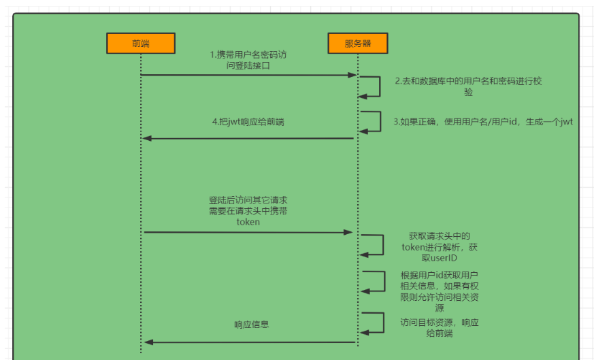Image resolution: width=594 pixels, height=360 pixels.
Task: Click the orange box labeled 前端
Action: (141, 43)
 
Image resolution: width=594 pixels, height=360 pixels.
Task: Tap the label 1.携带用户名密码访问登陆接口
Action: (248, 59)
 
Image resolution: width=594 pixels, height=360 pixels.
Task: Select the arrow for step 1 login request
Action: (248, 75)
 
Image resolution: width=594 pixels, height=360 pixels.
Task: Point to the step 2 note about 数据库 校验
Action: (468, 86)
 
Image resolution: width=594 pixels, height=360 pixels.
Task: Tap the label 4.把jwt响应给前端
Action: (248, 122)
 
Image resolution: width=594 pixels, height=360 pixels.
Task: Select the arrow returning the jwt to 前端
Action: (248, 138)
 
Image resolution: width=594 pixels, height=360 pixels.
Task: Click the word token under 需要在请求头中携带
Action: (248, 222)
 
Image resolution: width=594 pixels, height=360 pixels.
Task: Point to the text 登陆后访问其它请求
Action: (248, 201)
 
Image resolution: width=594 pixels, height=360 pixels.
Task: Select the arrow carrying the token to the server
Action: (248, 232)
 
